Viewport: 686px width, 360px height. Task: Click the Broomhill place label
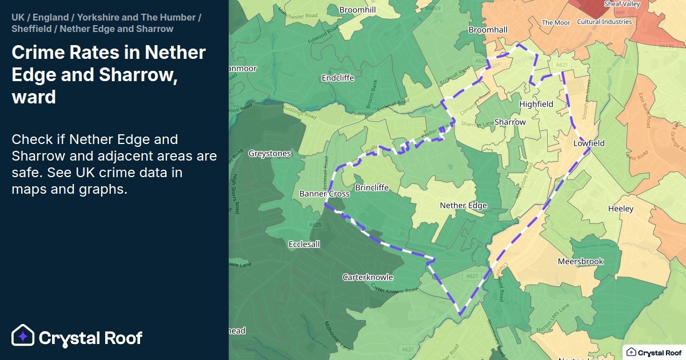[358, 10]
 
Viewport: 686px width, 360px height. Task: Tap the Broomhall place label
[488, 29]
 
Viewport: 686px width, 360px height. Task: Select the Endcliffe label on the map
[338, 77]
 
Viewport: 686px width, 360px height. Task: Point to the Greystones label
[270, 153]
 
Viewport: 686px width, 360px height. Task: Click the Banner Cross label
[324, 194]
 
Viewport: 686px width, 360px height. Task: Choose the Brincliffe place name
[372, 187]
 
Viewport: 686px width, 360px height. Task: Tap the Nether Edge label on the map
[463, 205]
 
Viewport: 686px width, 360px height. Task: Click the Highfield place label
[536, 104]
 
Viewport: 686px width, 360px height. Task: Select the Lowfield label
[589, 143]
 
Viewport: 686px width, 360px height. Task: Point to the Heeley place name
[621, 209]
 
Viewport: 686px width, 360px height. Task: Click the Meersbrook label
[580, 261]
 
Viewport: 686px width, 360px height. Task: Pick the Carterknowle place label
[368, 277]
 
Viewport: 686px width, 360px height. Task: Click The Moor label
[556, 23]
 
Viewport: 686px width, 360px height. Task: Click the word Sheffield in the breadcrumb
[31, 29]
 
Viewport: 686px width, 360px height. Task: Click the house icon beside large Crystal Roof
[23, 336]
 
